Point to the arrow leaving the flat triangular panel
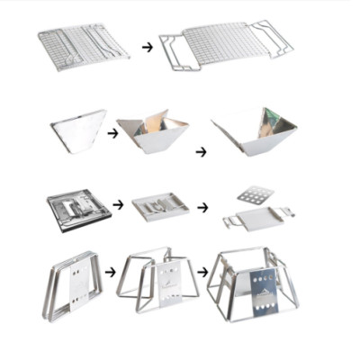click(x=112, y=132)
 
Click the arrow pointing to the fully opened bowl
click(x=200, y=152)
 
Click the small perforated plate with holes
click(x=256, y=194)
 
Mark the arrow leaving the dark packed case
click(x=117, y=204)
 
